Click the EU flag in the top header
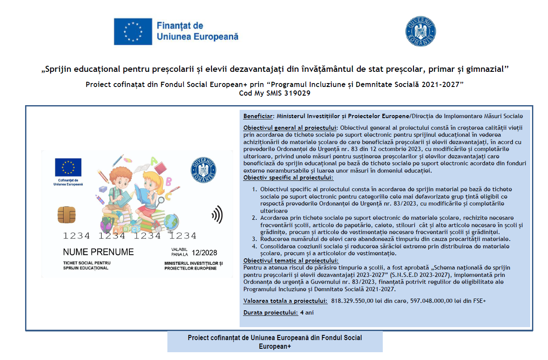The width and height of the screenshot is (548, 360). [x=133, y=32]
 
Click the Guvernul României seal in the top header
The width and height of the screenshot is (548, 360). [x=420, y=32]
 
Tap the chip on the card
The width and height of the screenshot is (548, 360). [x=66, y=214]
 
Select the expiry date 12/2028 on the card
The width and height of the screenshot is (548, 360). [x=205, y=253]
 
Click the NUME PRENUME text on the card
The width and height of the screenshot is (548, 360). [x=98, y=252]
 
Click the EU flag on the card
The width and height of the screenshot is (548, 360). [x=68, y=167]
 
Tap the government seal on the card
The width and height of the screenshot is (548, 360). [x=203, y=169]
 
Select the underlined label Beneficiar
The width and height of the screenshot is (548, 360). [x=258, y=116]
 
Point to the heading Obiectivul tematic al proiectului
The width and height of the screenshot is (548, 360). [x=291, y=260]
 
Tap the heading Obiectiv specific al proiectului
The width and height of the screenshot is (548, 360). [x=288, y=177]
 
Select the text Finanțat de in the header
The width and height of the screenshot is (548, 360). [x=180, y=26]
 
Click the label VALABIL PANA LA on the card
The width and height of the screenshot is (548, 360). [x=179, y=252]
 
